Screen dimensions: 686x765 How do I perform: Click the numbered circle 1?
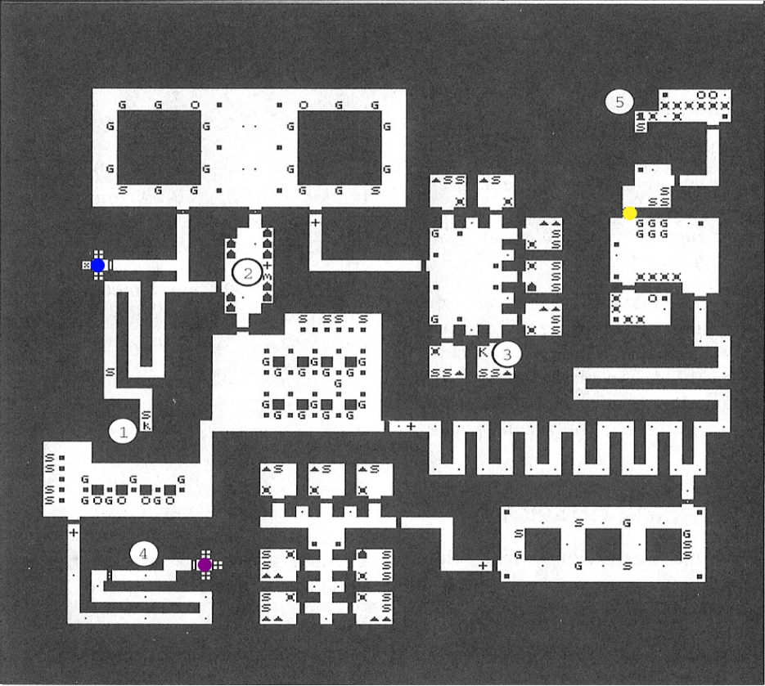pyautogui.click(x=124, y=431)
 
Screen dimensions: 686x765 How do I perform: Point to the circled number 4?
pyautogui.click(x=144, y=554)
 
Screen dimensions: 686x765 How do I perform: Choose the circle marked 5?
pyautogui.click(x=619, y=102)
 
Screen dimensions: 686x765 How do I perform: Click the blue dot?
pyautogui.click(x=98, y=265)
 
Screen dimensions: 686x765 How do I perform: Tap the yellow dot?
pyautogui.click(x=629, y=213)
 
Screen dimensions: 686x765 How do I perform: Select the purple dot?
pyautogui.click(x=205, y=564)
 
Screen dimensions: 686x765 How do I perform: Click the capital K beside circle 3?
pyautogui.click(x=484, y=352)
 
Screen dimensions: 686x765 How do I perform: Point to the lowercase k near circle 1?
pyautogui.click(x=146, y=425)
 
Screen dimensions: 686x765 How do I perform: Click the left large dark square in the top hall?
pyautogui.click(x=159, y=147)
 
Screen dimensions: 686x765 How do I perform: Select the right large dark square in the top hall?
pyautogui.click(x=339, y=147)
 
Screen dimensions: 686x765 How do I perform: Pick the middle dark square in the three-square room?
pyautogui.click(x=604, y=544)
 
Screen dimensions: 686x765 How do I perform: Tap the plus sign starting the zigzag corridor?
pyautogui.click(x=411, y=426)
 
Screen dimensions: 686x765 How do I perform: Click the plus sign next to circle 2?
pyautogui.click(x=268, y=265)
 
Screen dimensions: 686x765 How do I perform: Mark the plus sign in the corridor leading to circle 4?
pyautogui.click(x=74, y=531)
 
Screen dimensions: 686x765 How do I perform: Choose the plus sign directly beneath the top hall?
pyautogui.click(x=316, y=221)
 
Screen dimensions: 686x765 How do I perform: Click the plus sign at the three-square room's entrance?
pyautogui.click(x=483, y=565)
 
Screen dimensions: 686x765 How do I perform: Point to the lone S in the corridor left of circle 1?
pyautogui.click(x=109, y=372)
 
